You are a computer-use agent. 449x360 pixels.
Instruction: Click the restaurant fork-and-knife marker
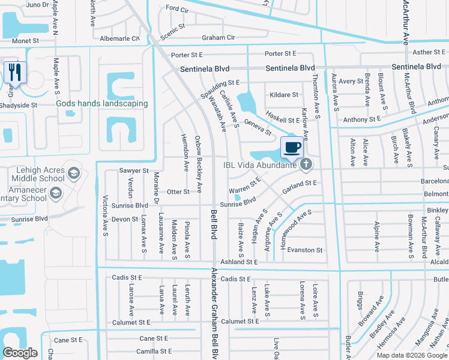[13, 73]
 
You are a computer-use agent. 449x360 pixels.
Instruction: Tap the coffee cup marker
[292, 147]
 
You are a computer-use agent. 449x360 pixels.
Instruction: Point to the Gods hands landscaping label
[102, 103]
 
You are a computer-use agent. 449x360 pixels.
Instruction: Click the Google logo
[20, 353]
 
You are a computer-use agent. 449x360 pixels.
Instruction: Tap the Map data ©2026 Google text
[411, 355]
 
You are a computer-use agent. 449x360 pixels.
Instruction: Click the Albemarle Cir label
[121, 38]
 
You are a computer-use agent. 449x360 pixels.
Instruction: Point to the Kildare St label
[284, 95]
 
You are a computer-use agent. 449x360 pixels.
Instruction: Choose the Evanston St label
[305, 250]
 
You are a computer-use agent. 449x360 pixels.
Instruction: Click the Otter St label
[178, 192]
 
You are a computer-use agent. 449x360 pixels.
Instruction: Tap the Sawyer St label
[133, 171]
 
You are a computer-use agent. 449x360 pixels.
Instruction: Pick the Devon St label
[125, 220]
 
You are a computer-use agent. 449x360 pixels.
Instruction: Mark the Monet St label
[25, 41]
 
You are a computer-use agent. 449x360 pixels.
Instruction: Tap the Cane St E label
[68, 340]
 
